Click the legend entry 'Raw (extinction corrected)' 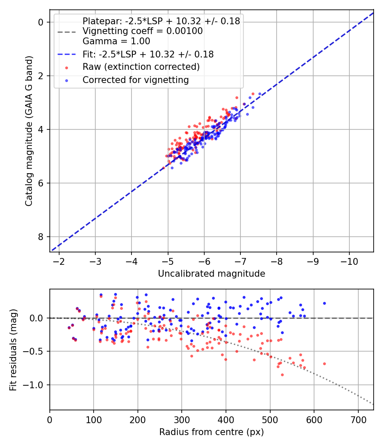pos(141,67)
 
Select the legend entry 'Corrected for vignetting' pos(136,80)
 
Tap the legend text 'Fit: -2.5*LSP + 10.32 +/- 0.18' pos(148,54)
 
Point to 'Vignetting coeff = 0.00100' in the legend pos(143,31)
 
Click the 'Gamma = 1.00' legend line pos(116,41)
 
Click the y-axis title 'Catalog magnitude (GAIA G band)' pos(29,130)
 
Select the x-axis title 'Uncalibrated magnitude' pos(212,274)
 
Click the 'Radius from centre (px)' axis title pos(212,432)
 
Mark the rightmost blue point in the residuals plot pos(324,303)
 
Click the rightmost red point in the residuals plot pos(324,364)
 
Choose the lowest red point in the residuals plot pos(282,375)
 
